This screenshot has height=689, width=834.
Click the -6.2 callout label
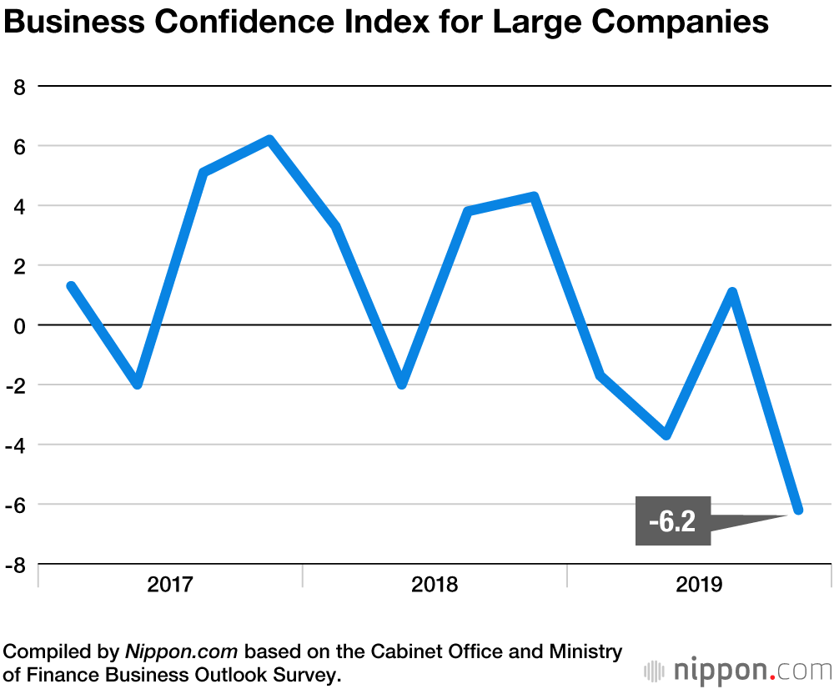pos(672,521)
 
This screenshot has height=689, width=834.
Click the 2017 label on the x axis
pos(170,584)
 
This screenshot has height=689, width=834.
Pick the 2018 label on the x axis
pos(435,584)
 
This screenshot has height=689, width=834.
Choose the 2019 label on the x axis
pos(699,584)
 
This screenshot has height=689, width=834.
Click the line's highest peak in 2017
pos(269,139)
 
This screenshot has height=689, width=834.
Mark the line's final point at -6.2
pos(798,510)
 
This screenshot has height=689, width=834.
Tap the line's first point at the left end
pos(72,286)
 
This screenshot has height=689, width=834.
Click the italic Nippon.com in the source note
pos(182,651)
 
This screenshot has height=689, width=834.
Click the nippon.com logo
pos(739,670)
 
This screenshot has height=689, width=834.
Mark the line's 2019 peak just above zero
pos(731,293)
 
